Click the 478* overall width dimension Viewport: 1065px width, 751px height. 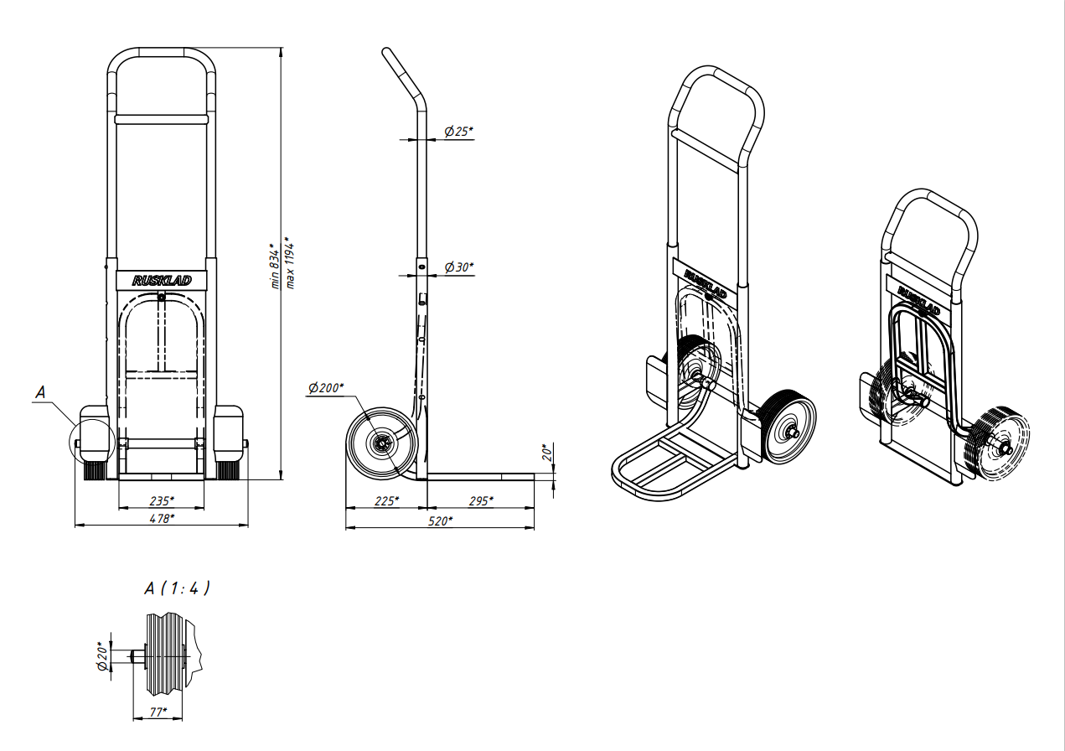162,519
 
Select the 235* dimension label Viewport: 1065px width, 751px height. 162,501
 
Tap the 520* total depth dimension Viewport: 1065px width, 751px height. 440,521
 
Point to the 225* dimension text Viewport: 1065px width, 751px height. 387,501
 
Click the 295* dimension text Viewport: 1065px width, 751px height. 481,501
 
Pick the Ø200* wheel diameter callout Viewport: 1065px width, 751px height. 326,388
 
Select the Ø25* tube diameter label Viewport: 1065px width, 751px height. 459,132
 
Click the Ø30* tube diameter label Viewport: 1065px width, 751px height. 459,267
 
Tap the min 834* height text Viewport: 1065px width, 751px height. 276,266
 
